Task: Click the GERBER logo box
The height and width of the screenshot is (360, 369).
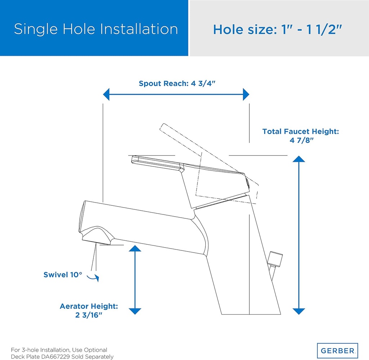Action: pyautogui.click(x=337, y=351)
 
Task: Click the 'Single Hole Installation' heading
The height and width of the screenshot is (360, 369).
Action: pyautogui.click(x=96, y=29)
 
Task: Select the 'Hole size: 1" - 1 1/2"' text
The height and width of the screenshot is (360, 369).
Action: pyautogui.click(x=277, y=29)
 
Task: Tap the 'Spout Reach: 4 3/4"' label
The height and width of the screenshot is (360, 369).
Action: pyautogui.click(x=177, y=84)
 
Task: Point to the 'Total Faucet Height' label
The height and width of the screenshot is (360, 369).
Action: pyautogui.click(x=301, y=132)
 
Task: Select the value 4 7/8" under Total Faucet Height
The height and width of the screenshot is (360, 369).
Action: pyautogui.click(x=301, y=141)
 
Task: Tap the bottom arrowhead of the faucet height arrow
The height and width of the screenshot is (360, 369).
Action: pyautogui.click(x=299, y=311)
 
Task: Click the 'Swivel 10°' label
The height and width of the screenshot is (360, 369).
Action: pyautogui.click(x=63, y=275)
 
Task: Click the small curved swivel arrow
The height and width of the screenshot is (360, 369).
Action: pyautogui.click(x=94, y=277)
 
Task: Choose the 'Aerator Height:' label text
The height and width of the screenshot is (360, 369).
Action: pyautogui.click(x=89, y=307)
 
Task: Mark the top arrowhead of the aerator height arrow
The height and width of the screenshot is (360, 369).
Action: pyautogui.click(x=135, y=249)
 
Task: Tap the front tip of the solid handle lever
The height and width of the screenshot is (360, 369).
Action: pyautogui.click(x=133, y=159)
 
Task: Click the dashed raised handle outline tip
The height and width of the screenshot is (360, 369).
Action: pyautogui.click(x=163, y=126)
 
